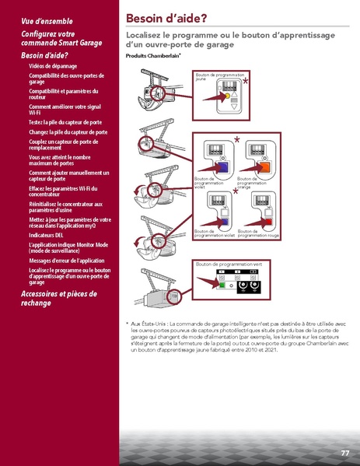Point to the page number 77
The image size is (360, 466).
coord(344,453)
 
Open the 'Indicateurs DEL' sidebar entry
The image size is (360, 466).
coord(47,234)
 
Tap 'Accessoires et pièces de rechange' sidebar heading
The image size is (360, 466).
coord(58,298)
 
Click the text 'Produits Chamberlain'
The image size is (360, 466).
coord(152,57)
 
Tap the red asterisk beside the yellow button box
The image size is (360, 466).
coord(246,81)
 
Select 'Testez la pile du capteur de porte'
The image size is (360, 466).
coord(65,123)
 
